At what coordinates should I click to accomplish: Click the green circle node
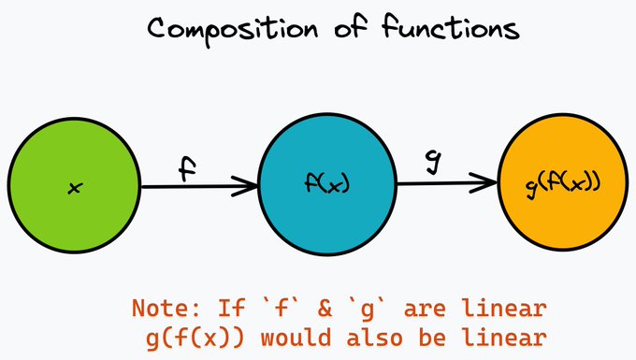point(73,187)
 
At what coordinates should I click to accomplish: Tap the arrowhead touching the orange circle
point(487,183)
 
